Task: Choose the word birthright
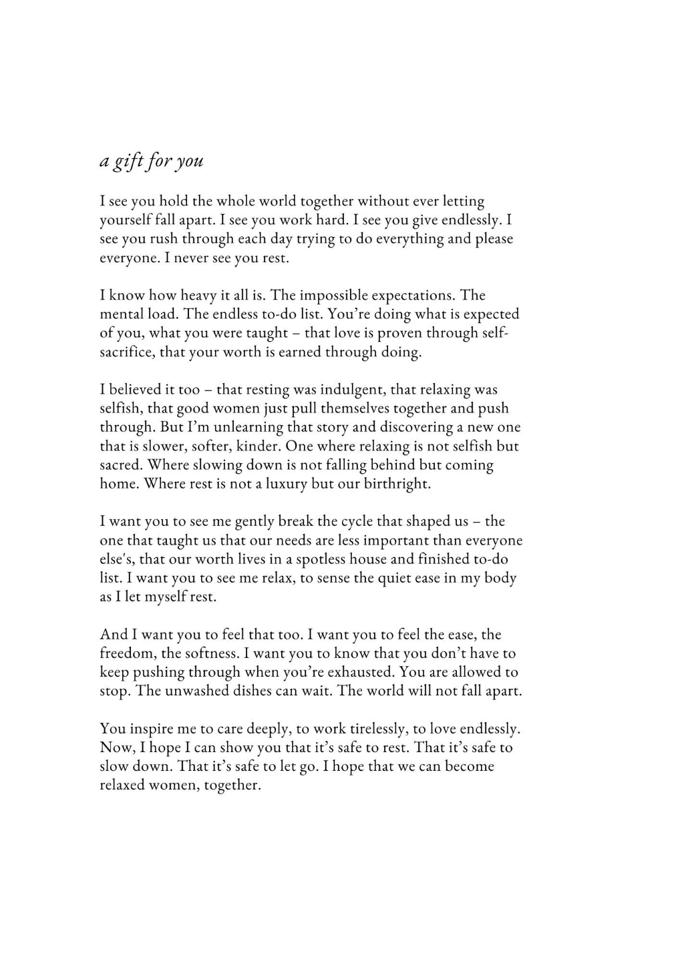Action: coord(397,484)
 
